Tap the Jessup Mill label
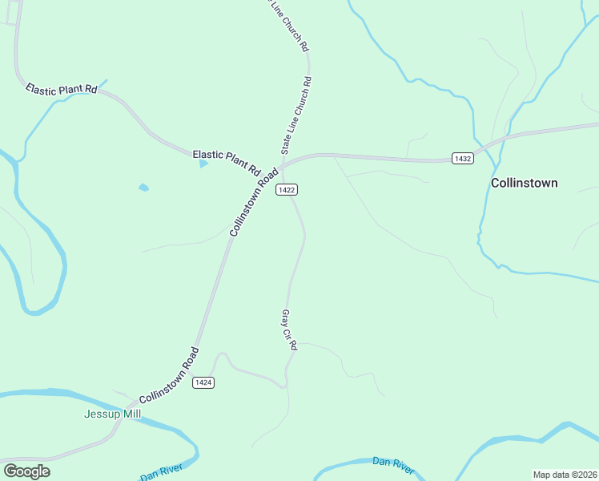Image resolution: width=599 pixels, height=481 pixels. click(112, 414)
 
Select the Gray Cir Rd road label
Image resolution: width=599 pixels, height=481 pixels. click(289, 330)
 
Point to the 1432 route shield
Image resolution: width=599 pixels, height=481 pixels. click(462, 159)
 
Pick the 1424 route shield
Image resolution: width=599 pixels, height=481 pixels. click(203, 382)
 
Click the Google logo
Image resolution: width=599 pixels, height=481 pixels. click(26, 471)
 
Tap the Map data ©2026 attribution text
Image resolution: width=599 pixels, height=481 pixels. click(565, 475)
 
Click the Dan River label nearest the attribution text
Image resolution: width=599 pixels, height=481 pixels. click(393, 465)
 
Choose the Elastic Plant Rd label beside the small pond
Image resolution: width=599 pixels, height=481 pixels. click(227, 161)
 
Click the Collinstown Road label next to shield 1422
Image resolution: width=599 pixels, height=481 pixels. click(255, 201)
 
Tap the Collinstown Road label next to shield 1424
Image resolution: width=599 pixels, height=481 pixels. click(168, 375)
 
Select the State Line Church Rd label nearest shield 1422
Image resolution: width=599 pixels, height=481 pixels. click(295, 115)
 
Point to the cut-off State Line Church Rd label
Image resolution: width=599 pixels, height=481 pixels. click(286, 26)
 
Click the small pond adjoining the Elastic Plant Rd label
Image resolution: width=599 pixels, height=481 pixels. click(203, 164)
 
